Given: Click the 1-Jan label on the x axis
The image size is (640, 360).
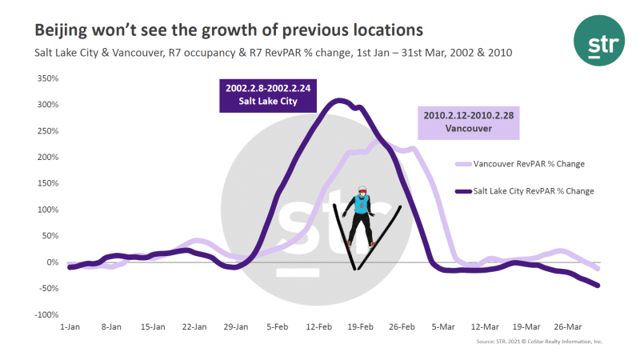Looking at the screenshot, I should click(x=70, y=327).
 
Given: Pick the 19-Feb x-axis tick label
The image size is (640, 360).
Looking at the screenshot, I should click(x=361, y=327).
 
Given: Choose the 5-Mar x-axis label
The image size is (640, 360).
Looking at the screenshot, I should click(x=444, y=327).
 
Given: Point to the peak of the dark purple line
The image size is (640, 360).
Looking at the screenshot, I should click(x=338, y=100).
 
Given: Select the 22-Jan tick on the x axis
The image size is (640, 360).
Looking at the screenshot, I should click(x=195, y=327).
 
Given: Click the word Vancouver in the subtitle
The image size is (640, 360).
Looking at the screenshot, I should click(x=119, y=53).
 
